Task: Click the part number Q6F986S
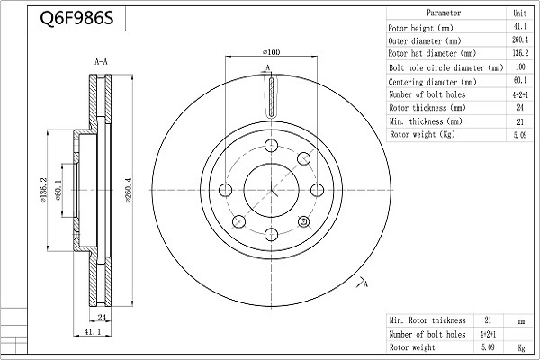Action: pos(76,18)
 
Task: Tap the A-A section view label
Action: pos(101,62)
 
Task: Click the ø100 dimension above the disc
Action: pos(272,52)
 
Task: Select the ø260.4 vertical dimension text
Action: pos(129,190)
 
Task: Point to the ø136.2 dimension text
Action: pos(43,190)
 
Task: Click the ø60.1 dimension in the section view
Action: pos(58,191)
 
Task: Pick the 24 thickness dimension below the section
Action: pos(102,317)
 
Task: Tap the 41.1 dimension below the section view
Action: pos(93,331)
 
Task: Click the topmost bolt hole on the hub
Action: pos(272,146)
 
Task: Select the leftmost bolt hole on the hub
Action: pos(226,190)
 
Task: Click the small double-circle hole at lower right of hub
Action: pos(303,222)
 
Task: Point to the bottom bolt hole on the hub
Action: pos(272,235)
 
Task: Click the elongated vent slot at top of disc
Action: pos(272,96)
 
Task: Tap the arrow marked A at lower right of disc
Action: pos(360,282)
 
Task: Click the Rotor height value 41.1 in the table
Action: pos(520,26)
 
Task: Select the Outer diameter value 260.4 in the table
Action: pos(520,40)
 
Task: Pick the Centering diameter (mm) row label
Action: pos(432,82)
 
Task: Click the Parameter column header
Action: pos(444,13)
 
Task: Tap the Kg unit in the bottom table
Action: pos(521,347)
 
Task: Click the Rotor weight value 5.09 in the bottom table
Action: pos(488,346)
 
